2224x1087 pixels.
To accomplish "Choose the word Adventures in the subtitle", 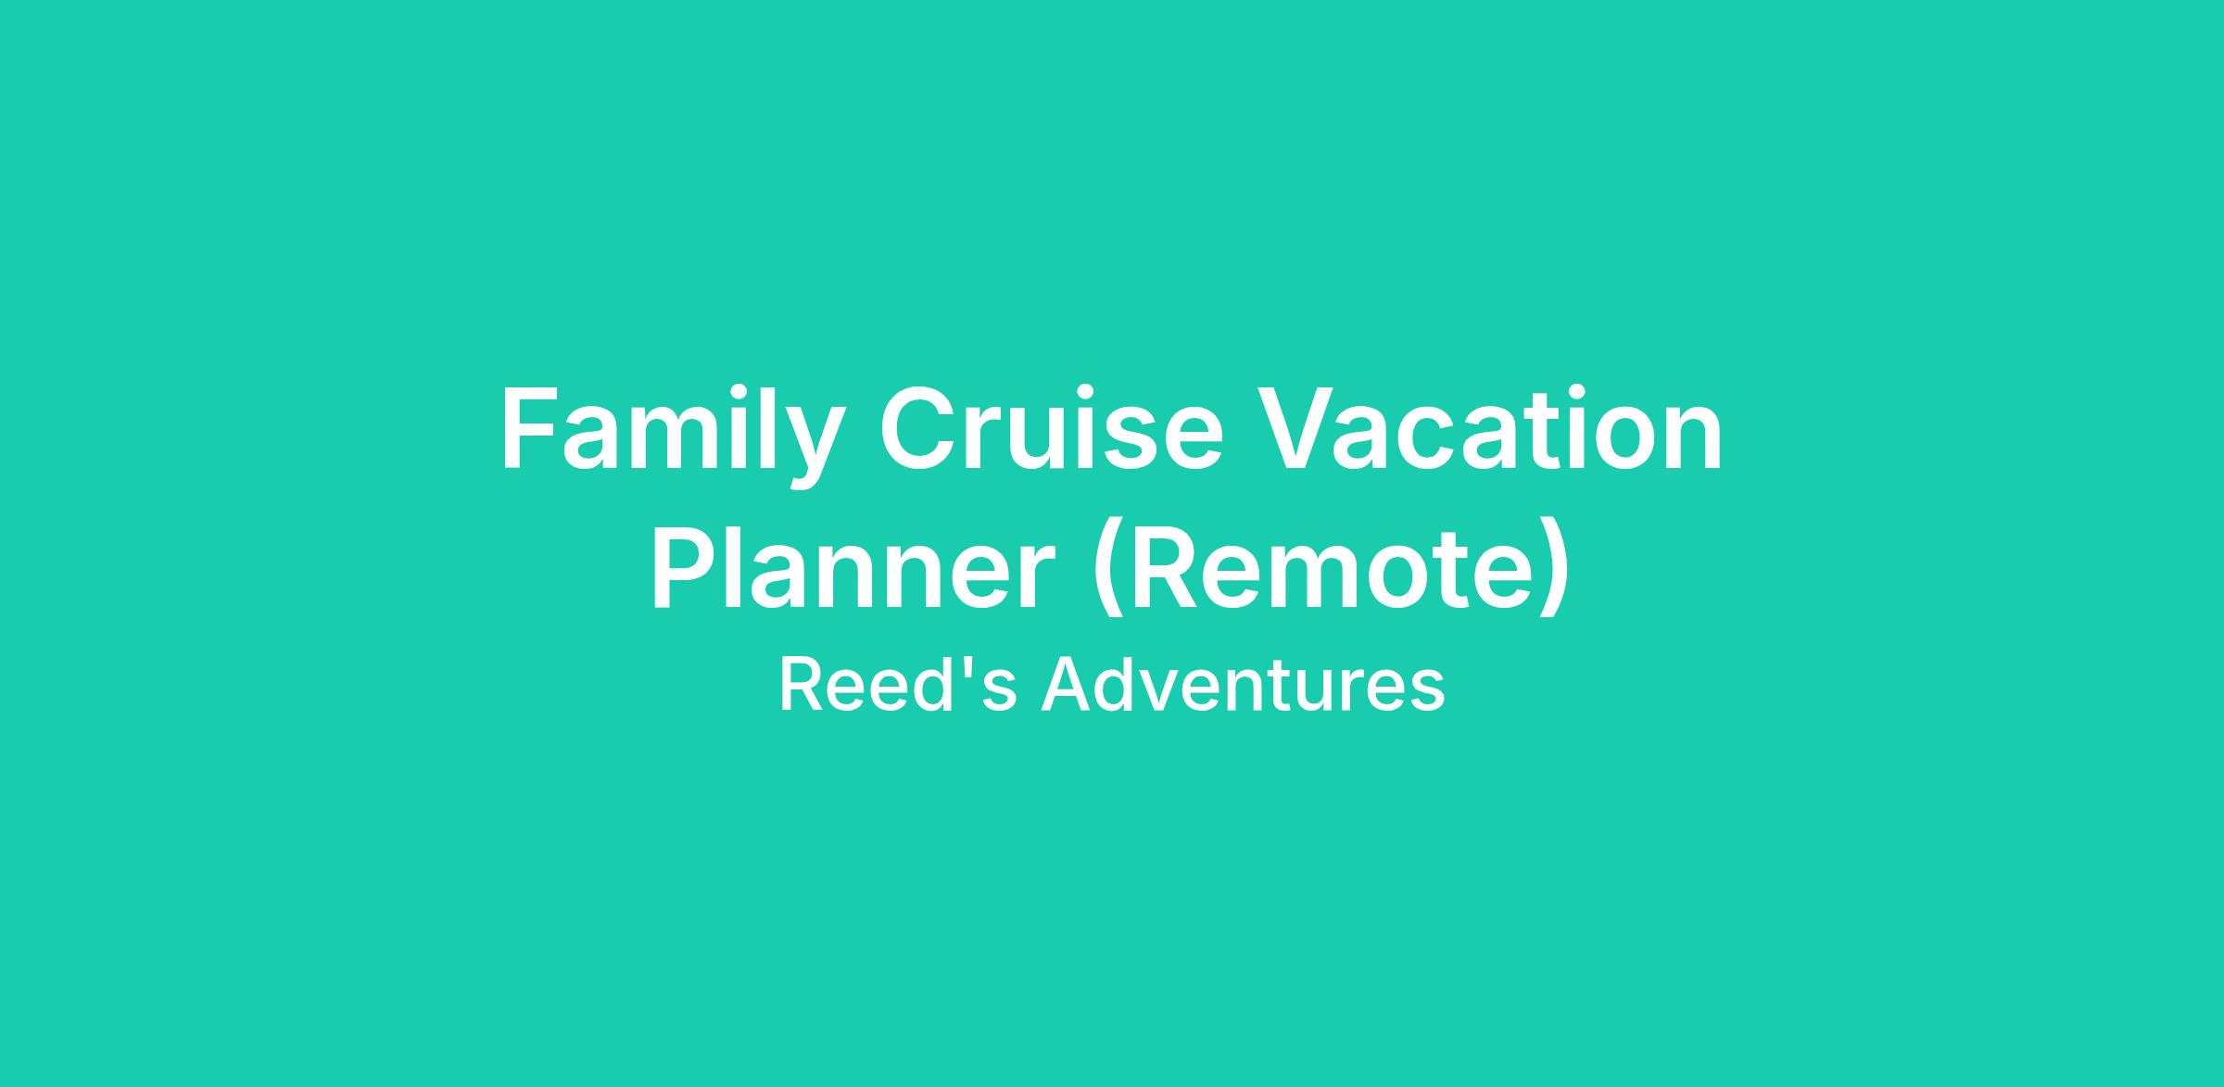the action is tap(1243, 685).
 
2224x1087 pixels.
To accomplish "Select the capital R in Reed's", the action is tap(801, 685).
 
